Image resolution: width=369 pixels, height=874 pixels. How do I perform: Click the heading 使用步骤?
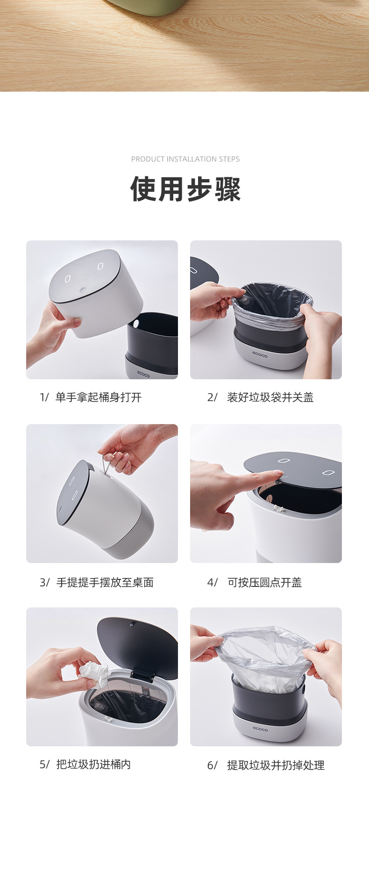pos(185,189)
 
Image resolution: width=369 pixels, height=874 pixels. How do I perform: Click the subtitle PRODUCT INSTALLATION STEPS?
pos(185,159)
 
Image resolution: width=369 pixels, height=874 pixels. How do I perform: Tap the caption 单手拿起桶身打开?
pos(99,397)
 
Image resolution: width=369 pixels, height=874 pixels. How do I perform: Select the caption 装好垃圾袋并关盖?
pos(270,397)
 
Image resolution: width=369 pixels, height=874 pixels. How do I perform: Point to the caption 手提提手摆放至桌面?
pos(105,582)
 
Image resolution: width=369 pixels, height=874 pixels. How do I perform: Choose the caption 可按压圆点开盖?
pos(265,582)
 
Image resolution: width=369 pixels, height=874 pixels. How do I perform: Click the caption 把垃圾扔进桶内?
pos(93,764)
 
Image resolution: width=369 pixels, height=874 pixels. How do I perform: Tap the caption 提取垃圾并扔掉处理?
pos(276,765)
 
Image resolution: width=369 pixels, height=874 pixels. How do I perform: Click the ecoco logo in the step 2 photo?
pos(260,355)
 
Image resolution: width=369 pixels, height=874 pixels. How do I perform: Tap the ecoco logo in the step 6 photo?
pos(261,729)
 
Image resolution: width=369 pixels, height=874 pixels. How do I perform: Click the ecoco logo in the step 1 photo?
pos(143,374)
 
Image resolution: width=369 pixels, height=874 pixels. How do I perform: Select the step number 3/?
pos(44,582)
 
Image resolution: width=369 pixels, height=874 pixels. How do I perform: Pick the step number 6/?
pos(213,765)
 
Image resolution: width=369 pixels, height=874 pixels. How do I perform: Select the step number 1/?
pos(44,397)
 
